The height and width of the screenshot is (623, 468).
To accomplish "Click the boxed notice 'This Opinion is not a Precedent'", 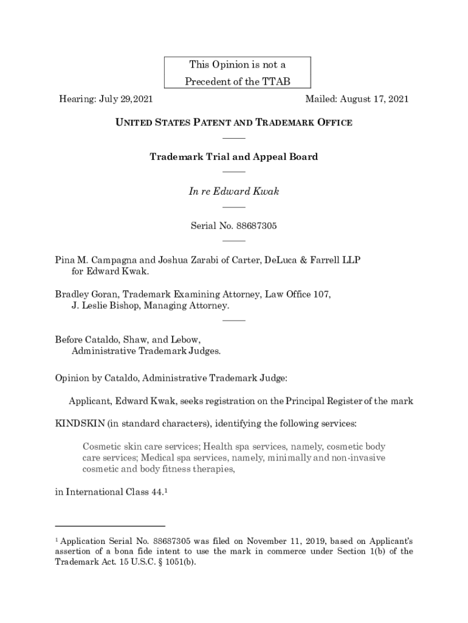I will click(237, 73).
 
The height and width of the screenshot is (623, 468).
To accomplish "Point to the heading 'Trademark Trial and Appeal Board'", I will click(234, 157).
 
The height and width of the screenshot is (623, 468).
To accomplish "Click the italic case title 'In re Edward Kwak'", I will click(234, 192).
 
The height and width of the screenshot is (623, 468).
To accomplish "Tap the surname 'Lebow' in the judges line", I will click(186, 339).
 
